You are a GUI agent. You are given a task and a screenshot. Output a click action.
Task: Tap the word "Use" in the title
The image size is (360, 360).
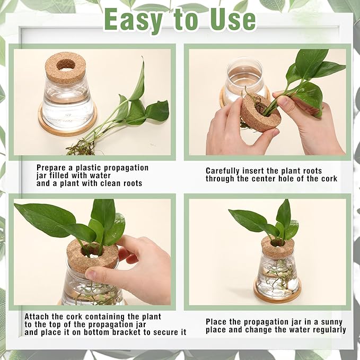tap(232, 20)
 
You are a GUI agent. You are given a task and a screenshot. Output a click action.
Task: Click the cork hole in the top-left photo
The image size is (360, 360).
tap(66, 64)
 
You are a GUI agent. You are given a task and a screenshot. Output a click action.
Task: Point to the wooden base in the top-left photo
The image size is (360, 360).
tap(67, 122)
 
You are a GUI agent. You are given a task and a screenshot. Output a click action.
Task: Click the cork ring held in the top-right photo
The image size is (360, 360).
tap(257, 115)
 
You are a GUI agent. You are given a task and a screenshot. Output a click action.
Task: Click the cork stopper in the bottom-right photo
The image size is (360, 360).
tap(278, 246)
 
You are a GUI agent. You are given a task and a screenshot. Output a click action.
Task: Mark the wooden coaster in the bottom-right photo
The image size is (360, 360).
tap(277, 294)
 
